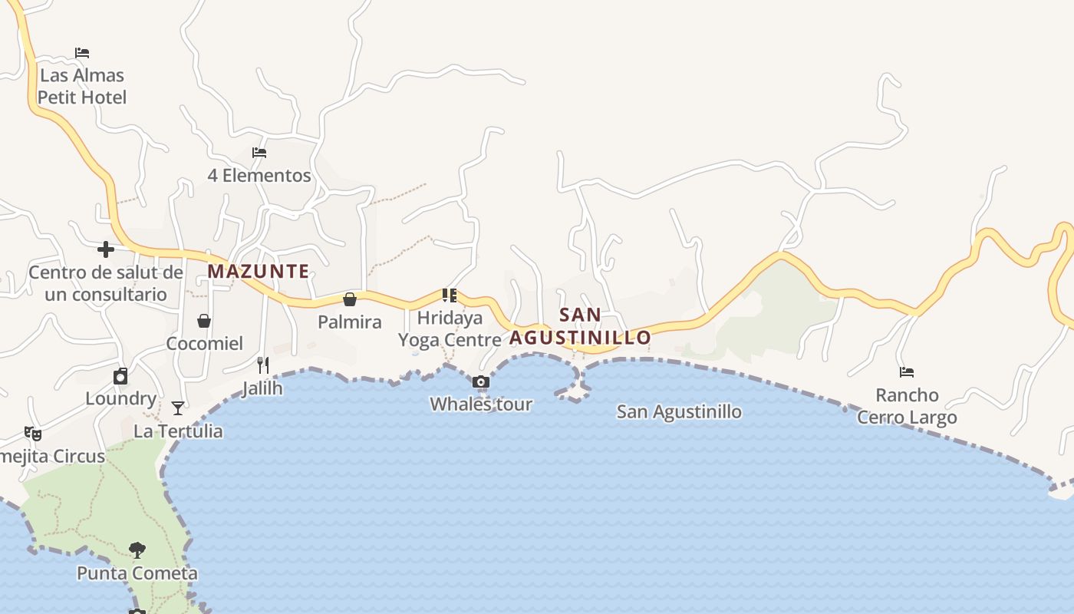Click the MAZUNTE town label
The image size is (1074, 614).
tap(259, 271)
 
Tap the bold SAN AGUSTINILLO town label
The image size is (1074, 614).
tap(580, 326)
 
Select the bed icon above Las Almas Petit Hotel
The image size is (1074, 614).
tap(82, 53)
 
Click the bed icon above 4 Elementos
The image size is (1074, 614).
tap(259, 153)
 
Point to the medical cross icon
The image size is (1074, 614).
tap(106, 249)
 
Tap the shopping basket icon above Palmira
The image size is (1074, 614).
tap(350, 299)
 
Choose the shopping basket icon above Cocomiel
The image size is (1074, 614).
tap(204, 321)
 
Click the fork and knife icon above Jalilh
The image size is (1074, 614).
tap(263, 365)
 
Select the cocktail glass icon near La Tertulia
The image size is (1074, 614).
tap(178, 408)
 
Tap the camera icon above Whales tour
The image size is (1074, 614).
tap(481, 382)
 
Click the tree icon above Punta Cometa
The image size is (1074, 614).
tap(137, 550)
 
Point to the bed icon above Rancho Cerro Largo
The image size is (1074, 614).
tap(907, 372)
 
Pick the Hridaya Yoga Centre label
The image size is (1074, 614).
tap(450, 328)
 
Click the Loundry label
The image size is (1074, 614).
tap(120, 398)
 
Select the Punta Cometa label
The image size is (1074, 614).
tap(137, 573)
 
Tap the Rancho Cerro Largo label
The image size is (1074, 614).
tap(907, 406)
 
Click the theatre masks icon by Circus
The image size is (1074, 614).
tap(32, 434)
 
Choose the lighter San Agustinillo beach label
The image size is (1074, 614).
tap(679, 411)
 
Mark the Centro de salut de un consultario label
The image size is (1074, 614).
tap(106, 283)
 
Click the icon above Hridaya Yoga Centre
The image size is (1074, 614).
tap(450, 295)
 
